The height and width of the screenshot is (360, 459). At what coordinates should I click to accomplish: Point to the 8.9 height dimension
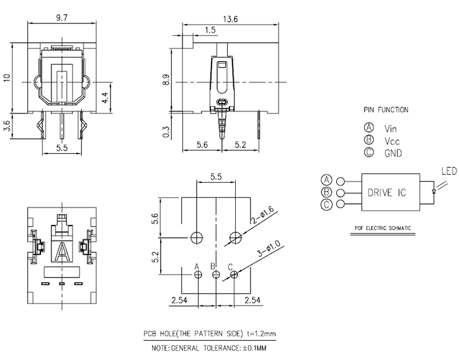coord(166,80)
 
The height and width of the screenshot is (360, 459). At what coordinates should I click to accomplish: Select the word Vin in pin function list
coord(390,129)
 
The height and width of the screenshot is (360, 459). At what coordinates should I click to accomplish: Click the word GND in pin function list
coord(393,153)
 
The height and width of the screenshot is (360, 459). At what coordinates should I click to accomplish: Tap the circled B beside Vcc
coord(368,141)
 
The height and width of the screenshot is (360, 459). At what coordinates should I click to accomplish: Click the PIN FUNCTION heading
coord(386,110)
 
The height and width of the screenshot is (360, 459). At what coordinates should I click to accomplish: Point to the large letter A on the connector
coord(62,252)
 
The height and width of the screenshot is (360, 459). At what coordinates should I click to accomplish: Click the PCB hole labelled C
coord(233,274)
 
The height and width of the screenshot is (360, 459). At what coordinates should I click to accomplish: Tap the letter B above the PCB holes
coord(214,266)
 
